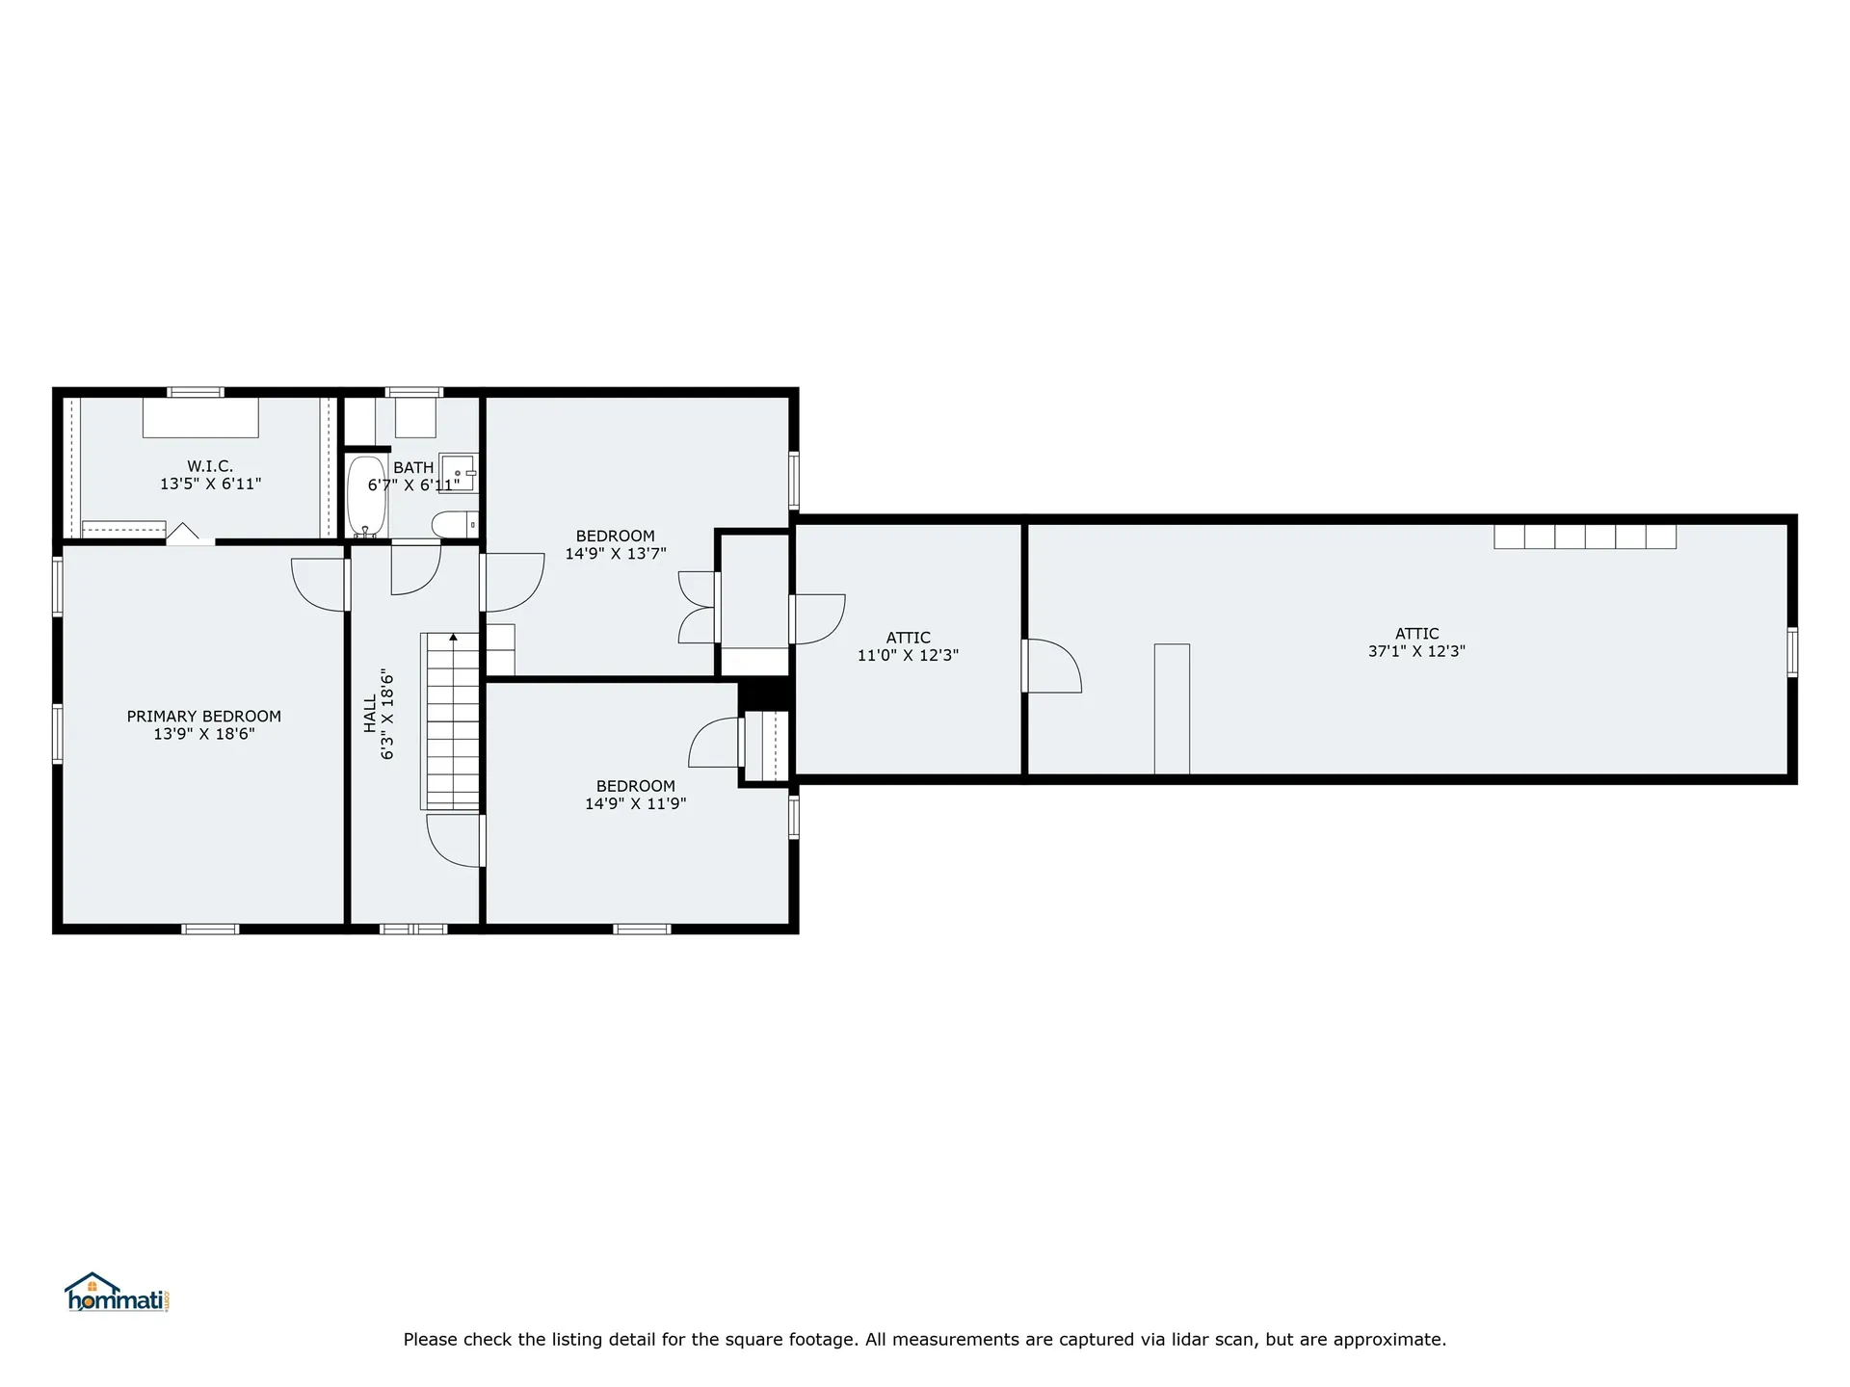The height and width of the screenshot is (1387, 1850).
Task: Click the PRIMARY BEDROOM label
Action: tap(204, 717)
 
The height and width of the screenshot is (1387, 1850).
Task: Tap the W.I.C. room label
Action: tap(210, 467)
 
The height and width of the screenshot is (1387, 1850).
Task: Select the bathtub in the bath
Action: tap(366, 497)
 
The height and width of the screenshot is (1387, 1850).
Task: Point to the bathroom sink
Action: tap(459, 473)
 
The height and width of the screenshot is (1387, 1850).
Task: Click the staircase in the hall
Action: tap(451, 721)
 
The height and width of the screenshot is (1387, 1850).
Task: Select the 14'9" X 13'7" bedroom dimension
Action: tap(616, 554)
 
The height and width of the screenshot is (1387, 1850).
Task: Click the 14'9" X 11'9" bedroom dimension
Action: tap(636, 803)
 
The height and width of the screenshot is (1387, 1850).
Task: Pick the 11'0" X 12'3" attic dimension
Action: tap(909, 655)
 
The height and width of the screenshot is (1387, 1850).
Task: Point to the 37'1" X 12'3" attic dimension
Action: tap(1416, 651)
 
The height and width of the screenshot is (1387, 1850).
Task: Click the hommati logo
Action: tap(118, 1293)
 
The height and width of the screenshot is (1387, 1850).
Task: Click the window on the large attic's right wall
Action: tap(1792, 652)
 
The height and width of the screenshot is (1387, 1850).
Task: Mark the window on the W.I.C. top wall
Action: tap(196, 392)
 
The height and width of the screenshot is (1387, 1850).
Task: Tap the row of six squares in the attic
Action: tap(1585, 536)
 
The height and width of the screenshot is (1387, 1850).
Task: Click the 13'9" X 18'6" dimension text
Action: tap(204, 734)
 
